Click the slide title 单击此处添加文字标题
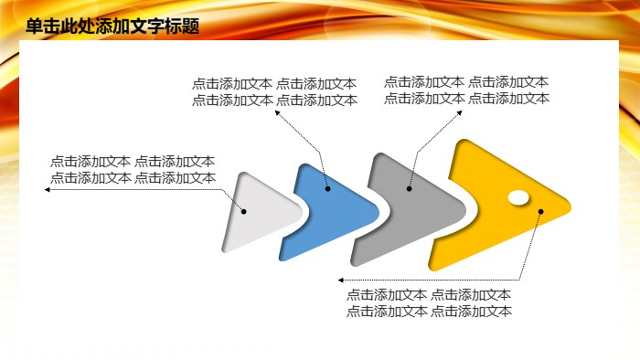112,26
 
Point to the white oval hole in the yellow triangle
517,196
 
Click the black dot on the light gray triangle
244,211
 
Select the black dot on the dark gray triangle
410,189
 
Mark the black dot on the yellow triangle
540,212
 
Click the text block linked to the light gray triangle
133,170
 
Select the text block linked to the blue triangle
274,92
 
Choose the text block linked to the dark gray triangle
466,90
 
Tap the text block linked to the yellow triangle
429,302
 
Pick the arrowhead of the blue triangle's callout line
279,114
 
